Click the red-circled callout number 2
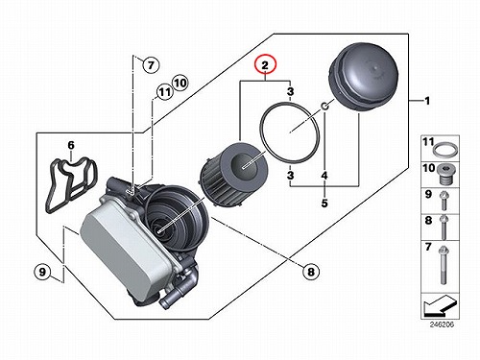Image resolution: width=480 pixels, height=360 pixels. tap(265, 65)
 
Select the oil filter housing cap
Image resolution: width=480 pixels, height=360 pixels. tap(364, 78)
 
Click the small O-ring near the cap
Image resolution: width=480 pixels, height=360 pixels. tap(324, 106)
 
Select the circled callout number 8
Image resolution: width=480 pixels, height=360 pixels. tap(311, 272)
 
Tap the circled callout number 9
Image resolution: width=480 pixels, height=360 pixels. tap(42, 272)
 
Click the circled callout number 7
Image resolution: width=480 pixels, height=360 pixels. tap(151, 65)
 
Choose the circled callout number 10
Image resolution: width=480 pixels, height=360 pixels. tap(180, 83)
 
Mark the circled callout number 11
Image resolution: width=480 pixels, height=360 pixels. tap(164, 92)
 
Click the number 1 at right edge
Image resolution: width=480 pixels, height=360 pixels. tap(427, 101)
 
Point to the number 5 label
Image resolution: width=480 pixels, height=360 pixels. tap(324, 203)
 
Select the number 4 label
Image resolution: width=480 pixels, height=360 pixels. tap(324, 176)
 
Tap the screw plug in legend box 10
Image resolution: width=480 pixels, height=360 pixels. tap(446, 175)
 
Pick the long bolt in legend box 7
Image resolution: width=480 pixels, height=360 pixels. tap(444, 265)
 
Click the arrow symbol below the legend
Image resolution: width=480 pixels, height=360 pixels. tap(439, 305)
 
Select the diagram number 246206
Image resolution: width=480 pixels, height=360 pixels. tap(442, 324)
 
